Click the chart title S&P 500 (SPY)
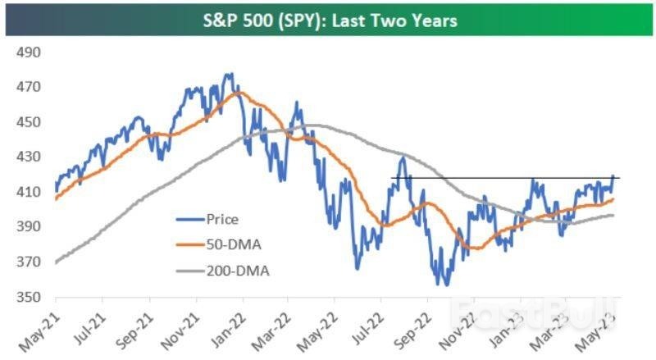click(x=328, y=20)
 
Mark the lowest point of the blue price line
click(x=445, y=285)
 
